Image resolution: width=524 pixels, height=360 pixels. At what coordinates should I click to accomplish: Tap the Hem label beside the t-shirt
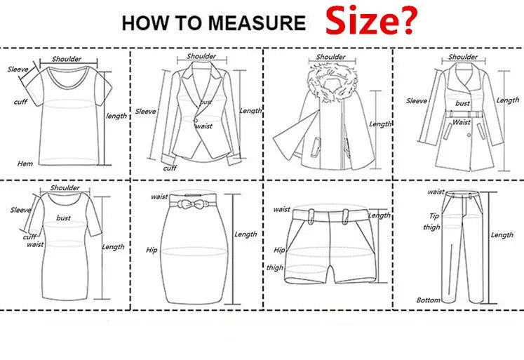pyautogui.click(x=25, y=164)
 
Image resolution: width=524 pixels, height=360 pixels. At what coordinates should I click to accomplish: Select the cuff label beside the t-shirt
pyautogui.click(x=21, y=102)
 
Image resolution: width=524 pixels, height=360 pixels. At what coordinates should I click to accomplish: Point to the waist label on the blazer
pyautogui.click(x=203, y=126)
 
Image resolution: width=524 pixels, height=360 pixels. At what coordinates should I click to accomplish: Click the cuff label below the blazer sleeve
pyautogui.click(x=170, y=168)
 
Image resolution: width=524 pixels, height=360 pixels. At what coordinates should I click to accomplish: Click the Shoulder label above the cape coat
pyautogui.click(x=330, y=58)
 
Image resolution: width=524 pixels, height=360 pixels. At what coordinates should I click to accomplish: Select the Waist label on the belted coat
pyautogui.click(x=462, y=122)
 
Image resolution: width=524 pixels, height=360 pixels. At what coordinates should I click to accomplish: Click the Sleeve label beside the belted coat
pyautogui.click(x=417, y=101)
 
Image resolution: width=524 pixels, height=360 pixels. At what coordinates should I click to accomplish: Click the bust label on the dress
pyautogui.click(x=64, y=218)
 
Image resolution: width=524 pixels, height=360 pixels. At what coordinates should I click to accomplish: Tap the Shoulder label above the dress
pyautogui.click(x=65, y=188)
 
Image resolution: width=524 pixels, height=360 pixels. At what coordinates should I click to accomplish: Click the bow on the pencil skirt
pyautogui.click(x=192, y=204)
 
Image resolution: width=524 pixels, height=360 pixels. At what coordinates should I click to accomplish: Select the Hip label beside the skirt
pyautogui.click(x=151, y=249)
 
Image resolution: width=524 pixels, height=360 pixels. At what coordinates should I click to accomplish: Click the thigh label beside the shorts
pyautogui.click(x=275, y=267)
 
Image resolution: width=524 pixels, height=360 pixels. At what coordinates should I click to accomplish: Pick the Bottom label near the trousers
pyautogui.click(x=428, y=300)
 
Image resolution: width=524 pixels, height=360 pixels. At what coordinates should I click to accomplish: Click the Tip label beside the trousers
pyautogui.click(x=434, y=216)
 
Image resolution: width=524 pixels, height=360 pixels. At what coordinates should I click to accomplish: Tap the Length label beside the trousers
pyautogui.click(x=502, y=235)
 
